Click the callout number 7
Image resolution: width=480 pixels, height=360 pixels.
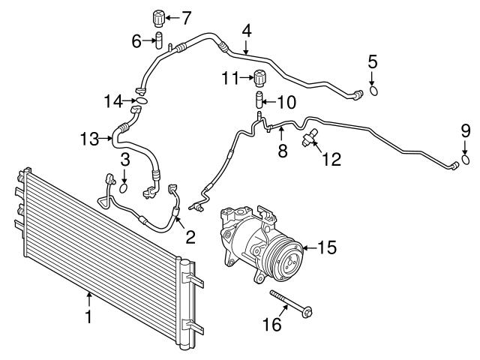(186, 18)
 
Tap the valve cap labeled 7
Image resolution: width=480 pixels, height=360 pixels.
(159, 18)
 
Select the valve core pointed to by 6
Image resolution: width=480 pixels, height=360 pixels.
(159, 40)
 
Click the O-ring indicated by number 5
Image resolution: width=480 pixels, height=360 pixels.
(373, 91)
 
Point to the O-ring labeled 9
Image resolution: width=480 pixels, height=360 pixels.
(465, 160)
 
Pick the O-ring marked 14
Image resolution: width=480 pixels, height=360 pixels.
(142, 100)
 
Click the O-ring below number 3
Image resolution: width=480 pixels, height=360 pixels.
(123, 188)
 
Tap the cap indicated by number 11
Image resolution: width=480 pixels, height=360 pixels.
(260, 78)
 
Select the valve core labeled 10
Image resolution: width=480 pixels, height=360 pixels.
(259, 99)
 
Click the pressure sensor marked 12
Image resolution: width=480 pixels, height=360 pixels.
(310, 137)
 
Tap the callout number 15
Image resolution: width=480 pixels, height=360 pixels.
(327, 247)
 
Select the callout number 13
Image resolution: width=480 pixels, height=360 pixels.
(90, 139)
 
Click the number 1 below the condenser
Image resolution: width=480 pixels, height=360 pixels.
(88, 316)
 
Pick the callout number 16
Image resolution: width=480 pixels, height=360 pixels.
(272, 325)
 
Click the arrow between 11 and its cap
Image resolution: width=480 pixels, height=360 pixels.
(247, 78)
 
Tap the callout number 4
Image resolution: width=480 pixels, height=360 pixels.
(247, 31)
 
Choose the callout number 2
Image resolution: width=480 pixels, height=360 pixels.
(190, 237)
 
